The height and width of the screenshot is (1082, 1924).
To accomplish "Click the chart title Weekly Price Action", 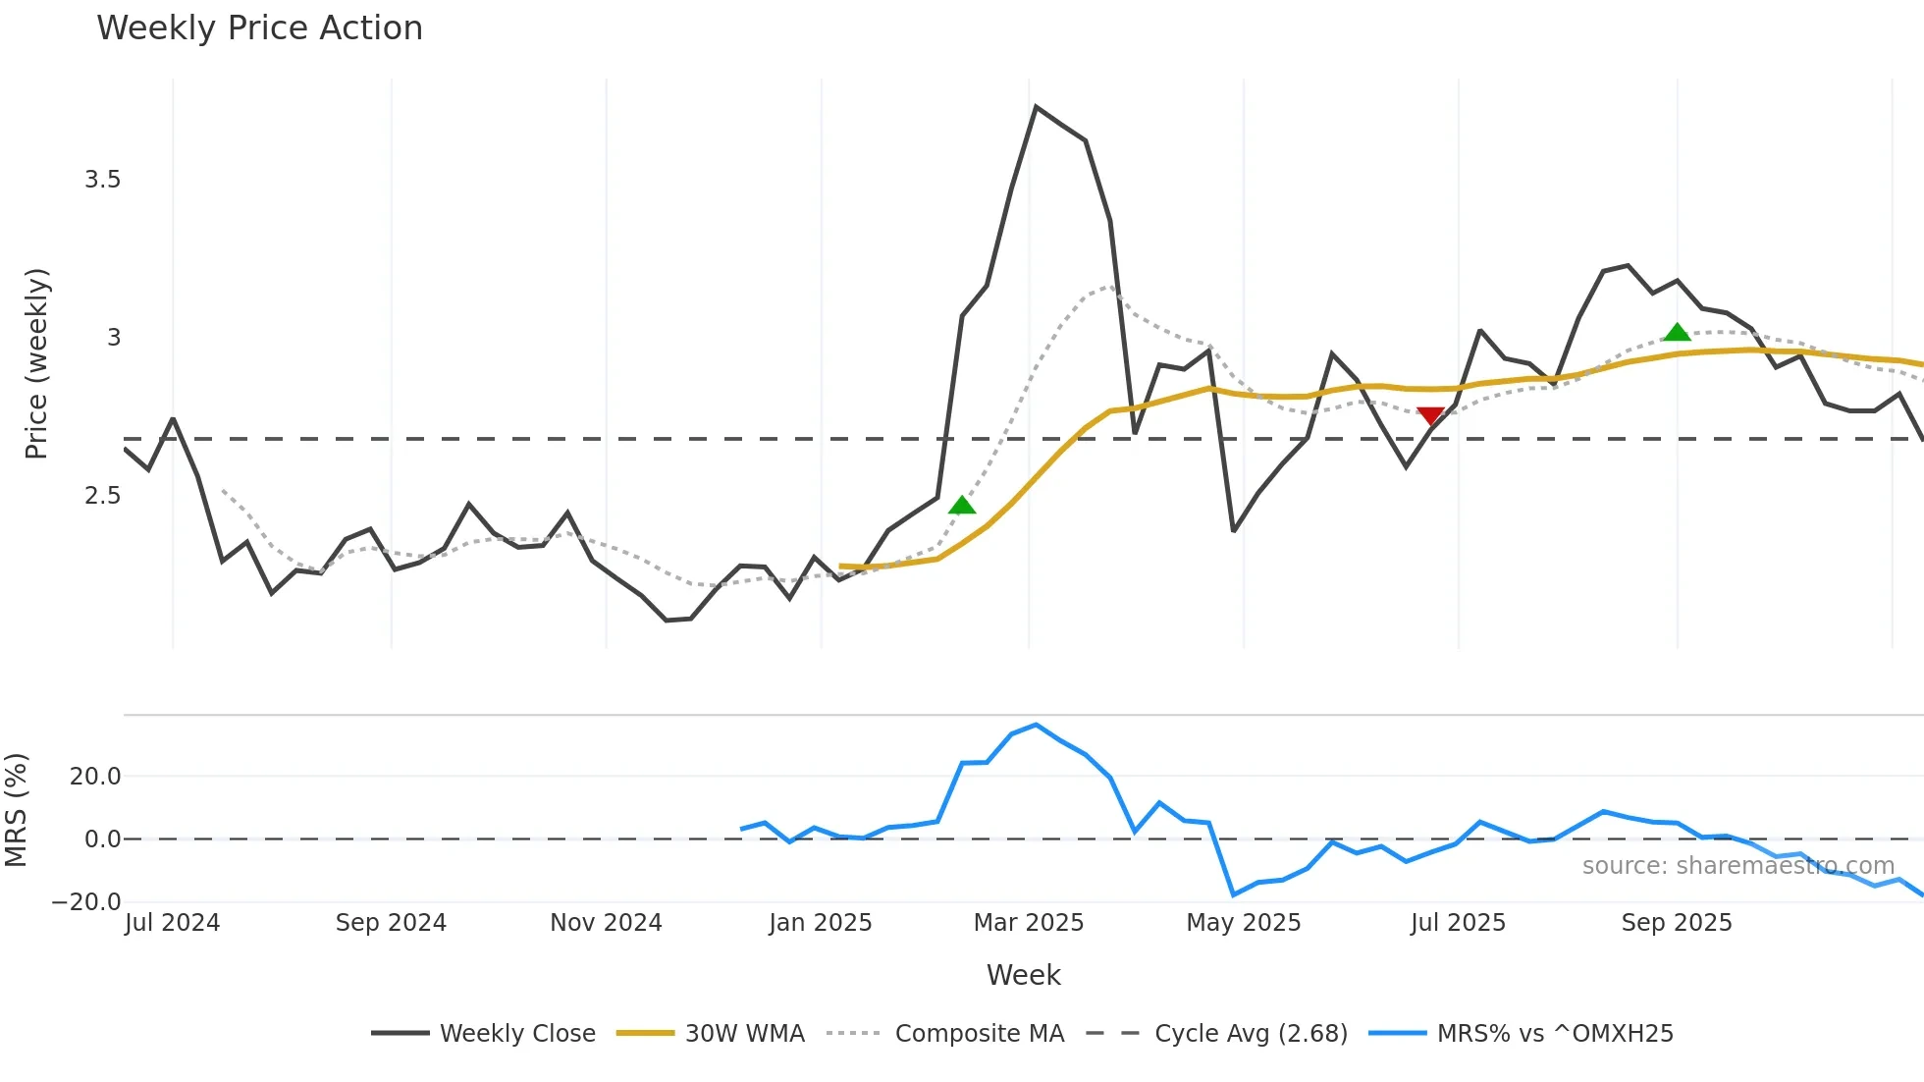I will (259, 28).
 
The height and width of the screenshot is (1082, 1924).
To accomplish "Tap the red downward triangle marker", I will (1431, 416).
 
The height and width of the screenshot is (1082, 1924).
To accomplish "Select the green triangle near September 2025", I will (1678, 333).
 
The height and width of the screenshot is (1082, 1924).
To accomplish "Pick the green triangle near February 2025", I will (962, 506).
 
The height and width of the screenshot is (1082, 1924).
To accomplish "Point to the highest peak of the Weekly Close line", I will (1037, 107).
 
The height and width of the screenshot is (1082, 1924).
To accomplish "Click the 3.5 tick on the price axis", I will (102, 180).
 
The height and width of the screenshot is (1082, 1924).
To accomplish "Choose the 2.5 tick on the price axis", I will (102, 496).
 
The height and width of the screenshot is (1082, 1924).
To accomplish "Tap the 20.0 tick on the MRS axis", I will (95, 777).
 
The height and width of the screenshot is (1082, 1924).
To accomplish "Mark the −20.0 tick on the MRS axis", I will (86, 902).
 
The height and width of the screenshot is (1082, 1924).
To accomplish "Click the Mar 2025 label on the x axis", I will (1028, 923).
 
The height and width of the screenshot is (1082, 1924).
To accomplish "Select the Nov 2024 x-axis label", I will (606, 923).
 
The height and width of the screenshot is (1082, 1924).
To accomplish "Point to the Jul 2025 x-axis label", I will (1458, 923).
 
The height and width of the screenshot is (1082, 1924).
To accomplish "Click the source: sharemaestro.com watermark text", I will (1737, 866).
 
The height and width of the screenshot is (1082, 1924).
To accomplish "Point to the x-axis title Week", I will (1023, 975).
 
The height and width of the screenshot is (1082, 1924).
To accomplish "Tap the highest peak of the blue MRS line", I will (1037, 726).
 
